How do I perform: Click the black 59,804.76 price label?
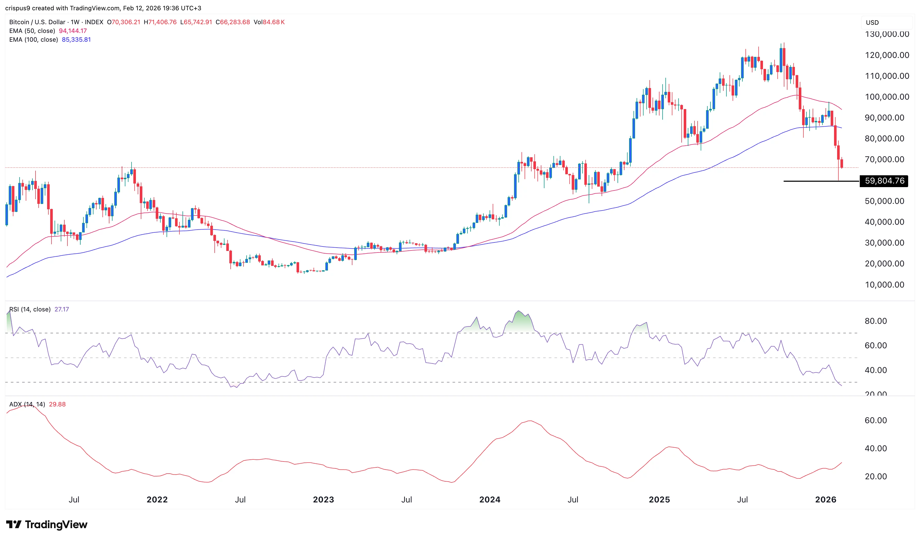coord(884,181)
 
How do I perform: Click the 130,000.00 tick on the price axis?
coord(887,34)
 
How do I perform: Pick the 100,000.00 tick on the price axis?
coord(887,97)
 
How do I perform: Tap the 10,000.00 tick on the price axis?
coord(884,285)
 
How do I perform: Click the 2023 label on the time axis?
coord(323,500)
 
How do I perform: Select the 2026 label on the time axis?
coord(826,500)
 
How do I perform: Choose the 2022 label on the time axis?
coord(157,500)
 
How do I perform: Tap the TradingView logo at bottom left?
coord(47,525)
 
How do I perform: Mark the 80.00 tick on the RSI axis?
coord(875,321)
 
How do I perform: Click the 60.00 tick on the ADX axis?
coord(875,421)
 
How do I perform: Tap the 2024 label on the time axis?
coord(490,500)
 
